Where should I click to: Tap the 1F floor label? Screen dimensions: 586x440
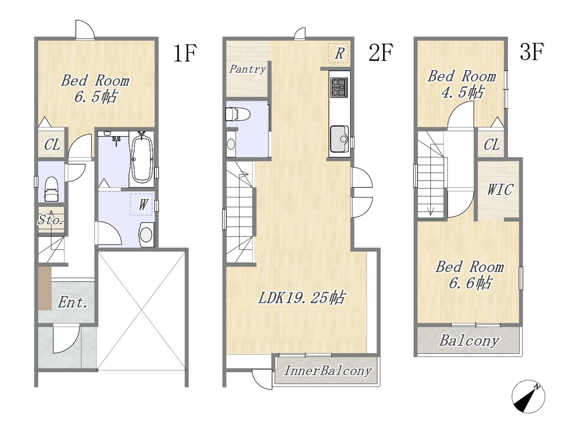pos(185,54)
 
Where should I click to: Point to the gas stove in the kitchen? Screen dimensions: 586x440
pos(339,88)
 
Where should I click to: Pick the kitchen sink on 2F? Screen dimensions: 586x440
pos(339,139)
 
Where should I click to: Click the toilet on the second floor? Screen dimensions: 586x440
pos(237,114)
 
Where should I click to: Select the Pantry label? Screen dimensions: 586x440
pos(248,69)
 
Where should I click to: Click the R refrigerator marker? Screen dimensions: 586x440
pos(339,54)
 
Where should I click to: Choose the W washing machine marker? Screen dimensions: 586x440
pos(143,205)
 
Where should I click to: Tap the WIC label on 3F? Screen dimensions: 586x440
pos(499,189)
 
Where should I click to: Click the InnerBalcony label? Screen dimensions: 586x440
pos(328,370)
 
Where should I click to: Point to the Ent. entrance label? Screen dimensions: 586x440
pos(72,302)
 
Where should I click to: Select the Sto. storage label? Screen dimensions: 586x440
pos(51,220)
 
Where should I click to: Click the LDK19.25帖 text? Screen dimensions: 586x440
pos(301,297)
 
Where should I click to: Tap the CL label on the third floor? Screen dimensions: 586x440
pos(492,145)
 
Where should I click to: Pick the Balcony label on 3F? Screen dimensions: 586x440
pos(469,341)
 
